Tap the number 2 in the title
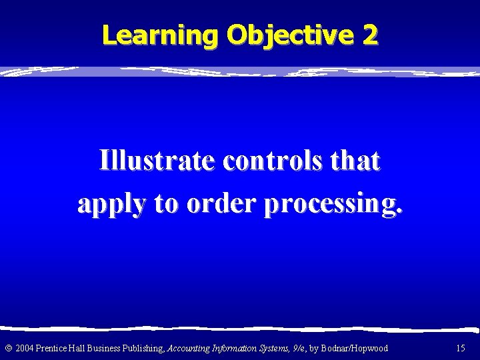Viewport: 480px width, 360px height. [370, 35]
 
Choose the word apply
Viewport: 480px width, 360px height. [110, 206]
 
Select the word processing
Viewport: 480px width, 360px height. [334, 206]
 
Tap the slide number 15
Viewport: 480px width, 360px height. [460, 347]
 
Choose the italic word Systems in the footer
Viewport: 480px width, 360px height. [275, 347]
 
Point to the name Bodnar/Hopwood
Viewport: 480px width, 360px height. [356, 347]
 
